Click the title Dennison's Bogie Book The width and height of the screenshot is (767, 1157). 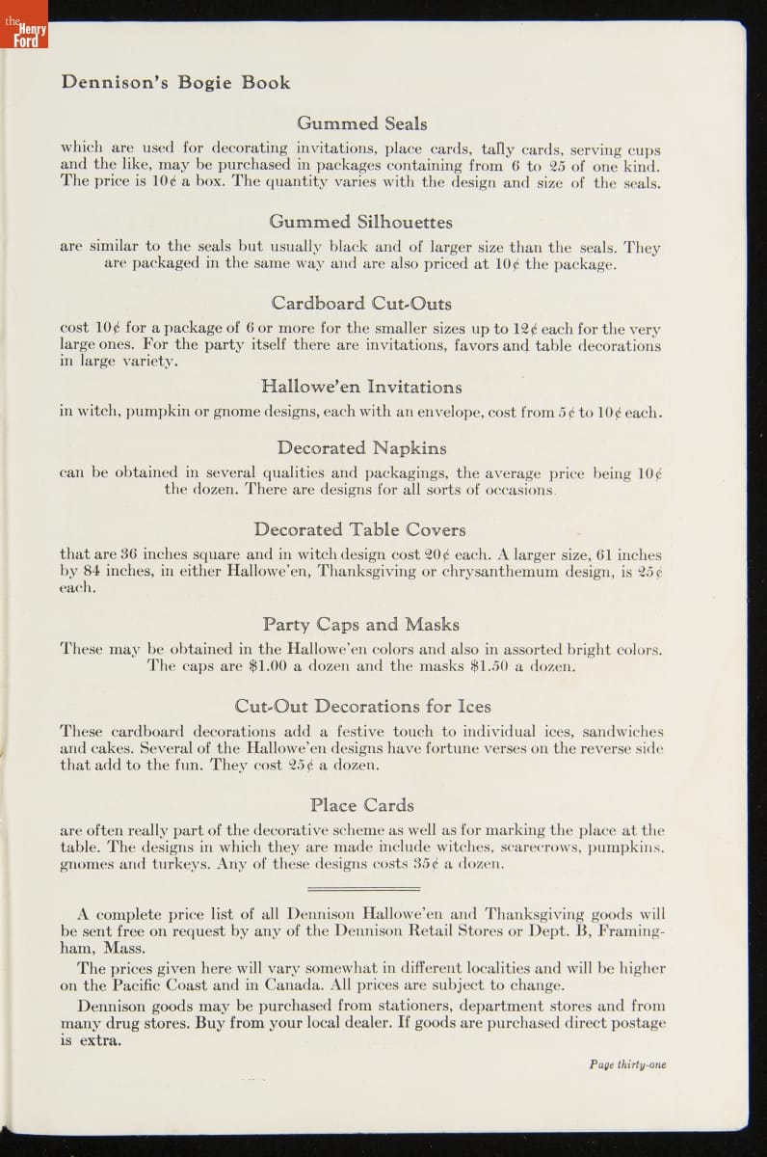(174, 83)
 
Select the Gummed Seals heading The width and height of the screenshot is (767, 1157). (361, 123)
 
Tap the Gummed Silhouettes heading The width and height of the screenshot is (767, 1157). (360, 222)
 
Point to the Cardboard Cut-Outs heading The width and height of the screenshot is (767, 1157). (361, 304)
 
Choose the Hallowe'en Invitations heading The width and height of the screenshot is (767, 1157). (361, 387)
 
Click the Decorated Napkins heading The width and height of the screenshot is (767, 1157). (361, 447)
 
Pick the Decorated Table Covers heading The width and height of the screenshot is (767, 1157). (359, 529)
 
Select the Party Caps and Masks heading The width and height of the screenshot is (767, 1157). (360, 624)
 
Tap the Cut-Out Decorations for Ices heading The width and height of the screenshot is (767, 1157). (361, 706)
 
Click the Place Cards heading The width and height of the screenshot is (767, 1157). (361, 804)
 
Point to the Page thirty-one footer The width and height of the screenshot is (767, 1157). (627, 1064)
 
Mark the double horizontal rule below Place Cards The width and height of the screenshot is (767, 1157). (361, 888)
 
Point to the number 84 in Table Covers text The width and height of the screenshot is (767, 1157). (89, 571)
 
